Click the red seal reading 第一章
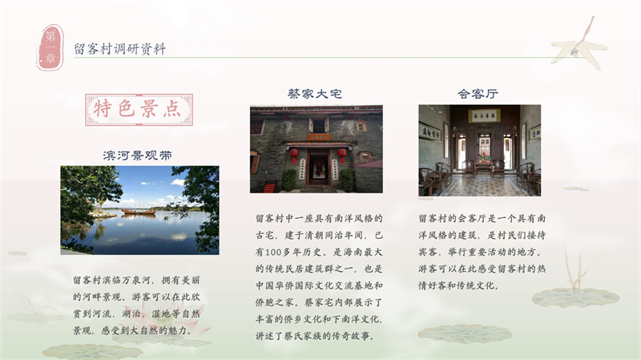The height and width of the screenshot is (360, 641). pos(50,47)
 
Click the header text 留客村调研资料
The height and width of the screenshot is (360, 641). pos(120,49)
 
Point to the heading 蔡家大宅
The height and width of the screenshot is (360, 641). pos(315,94)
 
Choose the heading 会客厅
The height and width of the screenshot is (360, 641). pos(478,94)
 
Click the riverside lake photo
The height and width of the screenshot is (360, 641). pos(139,209)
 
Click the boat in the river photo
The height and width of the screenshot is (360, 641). pos(137,211)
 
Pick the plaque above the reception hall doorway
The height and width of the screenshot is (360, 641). pos(484,117)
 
